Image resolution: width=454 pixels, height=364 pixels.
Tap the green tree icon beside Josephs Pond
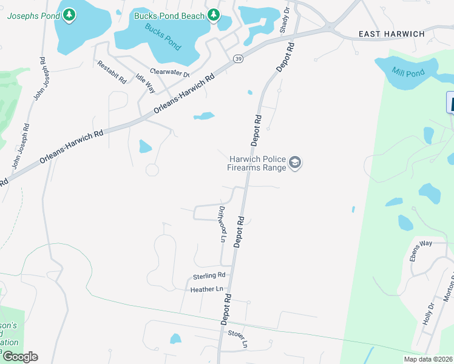[70, 14]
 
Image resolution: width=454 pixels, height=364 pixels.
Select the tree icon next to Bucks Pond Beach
[213, 14]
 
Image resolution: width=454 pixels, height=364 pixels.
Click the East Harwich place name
[391, 34]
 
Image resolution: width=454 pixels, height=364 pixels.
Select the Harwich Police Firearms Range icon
[295, 163]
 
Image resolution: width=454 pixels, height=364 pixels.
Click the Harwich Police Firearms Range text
[257, 163]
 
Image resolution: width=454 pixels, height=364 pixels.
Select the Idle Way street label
[146, 83]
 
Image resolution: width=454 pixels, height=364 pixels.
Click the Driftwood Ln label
[222, 224]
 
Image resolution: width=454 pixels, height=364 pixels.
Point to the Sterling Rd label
[209, 276]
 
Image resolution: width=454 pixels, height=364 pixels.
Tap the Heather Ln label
[207, 289]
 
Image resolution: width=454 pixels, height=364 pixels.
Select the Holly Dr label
[429, 314]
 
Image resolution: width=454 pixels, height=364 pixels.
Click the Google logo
[19, 357]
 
